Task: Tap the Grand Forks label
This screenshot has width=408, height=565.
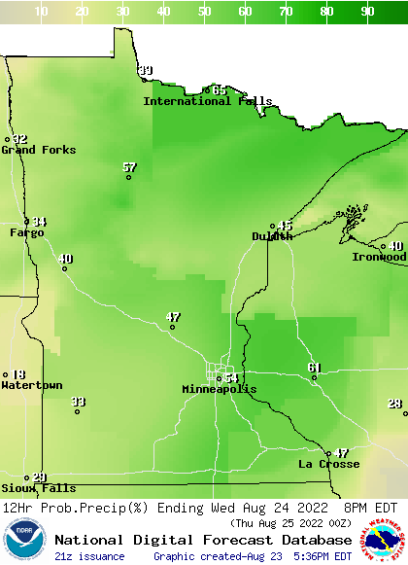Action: coord(38,150)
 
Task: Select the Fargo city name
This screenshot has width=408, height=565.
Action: coord(26,232)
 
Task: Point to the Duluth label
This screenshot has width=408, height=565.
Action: coord(272,236)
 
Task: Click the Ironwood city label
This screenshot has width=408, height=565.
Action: coord(379,257)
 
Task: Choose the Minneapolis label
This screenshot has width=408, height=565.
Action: coord(220,389)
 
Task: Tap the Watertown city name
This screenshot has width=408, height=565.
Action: coord(31,385)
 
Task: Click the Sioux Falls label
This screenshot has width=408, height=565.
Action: coord(38,488)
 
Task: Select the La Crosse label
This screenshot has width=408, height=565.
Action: coord(328,464)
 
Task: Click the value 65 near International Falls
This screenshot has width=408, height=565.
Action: coord(220,90)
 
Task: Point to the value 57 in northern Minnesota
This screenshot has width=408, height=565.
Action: coord(130,167)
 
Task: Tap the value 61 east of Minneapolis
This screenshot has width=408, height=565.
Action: coord(314,367)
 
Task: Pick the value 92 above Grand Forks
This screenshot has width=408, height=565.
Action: coord(19,139)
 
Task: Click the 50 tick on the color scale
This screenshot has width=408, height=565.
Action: coord(205,12)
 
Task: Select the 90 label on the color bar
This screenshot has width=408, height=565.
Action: coord(368,12)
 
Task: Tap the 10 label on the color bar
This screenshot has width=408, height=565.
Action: coord(42,12)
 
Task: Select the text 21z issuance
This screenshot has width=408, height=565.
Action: coord(89,556)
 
